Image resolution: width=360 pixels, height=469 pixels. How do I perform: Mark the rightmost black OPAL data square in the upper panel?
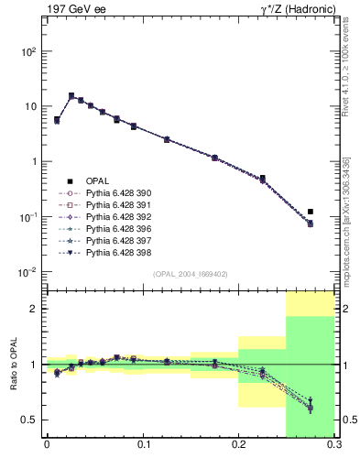click(x=311, y=212)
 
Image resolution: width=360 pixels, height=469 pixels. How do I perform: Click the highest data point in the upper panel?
click(x=71, y=95)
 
